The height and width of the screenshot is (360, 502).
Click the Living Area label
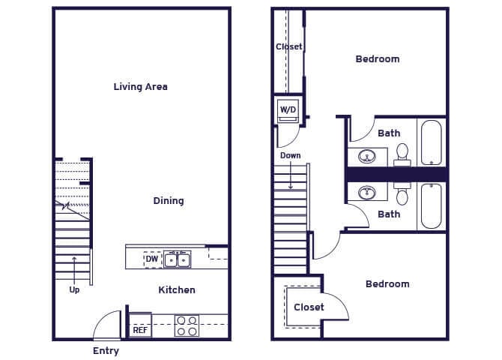[140, 87]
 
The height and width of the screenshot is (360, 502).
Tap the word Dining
[169, 201]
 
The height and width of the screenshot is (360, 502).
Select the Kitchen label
[177, 290]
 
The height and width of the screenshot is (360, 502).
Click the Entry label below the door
[106, 351]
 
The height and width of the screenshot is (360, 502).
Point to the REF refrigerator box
[140, 328]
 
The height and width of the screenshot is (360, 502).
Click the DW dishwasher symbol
[152, 259]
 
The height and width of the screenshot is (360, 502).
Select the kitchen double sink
[178, 259]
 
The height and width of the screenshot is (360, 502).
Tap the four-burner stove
[187, 325]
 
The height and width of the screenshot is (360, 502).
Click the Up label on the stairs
[74, 289]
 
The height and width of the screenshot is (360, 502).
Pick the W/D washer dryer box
[288, 111]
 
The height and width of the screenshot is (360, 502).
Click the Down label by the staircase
[291, 156]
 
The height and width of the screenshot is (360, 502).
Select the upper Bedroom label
[378, 59]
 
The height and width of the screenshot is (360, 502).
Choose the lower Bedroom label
[387, 284]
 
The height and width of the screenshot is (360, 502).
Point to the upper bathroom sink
[367, 157]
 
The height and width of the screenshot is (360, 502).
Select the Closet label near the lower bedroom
[309, 307]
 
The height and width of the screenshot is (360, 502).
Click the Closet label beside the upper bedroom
[288, 46]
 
